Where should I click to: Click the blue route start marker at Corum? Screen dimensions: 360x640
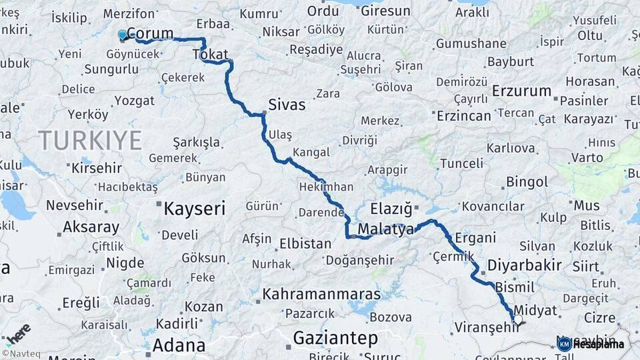(122, 35)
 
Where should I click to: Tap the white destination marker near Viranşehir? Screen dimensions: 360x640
(517, 320)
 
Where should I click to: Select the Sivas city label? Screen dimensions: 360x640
(287, 105)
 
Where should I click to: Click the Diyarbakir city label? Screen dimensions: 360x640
(525, 265)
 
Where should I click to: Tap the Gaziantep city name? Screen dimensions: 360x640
(335, 338)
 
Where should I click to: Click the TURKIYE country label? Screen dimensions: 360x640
(90, 141)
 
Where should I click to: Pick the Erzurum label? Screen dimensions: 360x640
(522, 91)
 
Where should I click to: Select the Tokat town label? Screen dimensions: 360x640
(214, 54)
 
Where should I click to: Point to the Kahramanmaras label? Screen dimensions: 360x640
(321, 294)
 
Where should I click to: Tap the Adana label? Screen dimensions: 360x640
(179, 345)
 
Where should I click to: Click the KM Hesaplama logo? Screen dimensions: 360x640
(590, 344)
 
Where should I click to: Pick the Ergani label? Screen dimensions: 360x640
(476, 237)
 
